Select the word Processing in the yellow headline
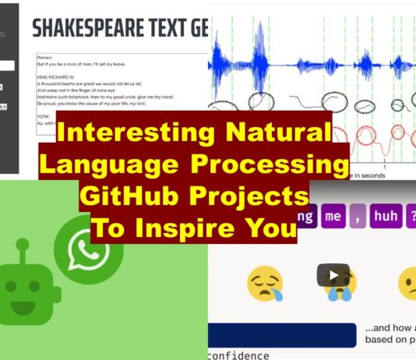tap(270, 164)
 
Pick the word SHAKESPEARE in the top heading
tap(86, 29)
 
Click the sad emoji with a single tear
tap(265, 284)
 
